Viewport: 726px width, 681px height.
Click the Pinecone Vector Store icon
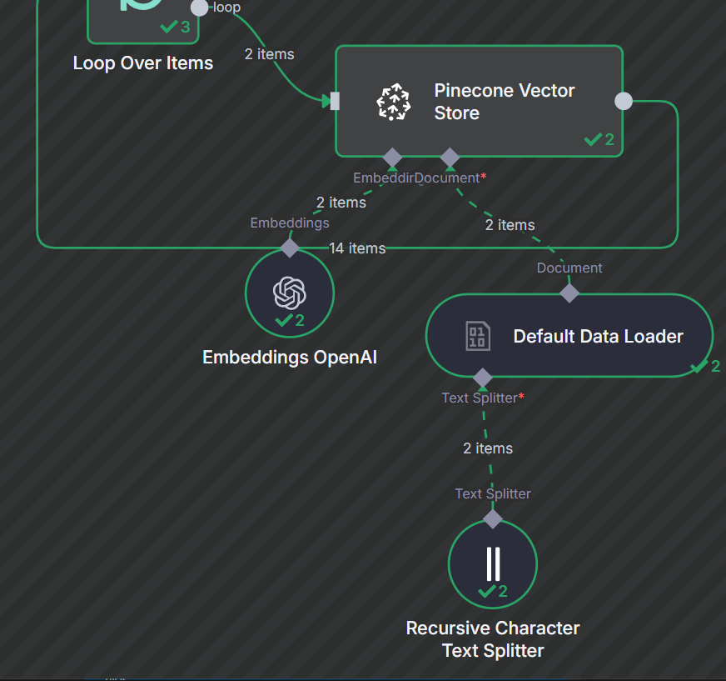point(393,102)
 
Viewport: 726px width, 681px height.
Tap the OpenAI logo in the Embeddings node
point(290,293)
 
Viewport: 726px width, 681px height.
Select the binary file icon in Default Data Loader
point(477,337)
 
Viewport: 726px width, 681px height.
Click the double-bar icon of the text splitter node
point(493,563)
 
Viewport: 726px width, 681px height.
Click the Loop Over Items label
point(143,63)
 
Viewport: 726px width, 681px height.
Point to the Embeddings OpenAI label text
point(290,358)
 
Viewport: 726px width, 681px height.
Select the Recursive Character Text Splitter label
point(493,639)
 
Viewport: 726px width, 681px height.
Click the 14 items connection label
point(357,248)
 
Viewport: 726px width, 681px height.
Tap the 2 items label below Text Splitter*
point(488,448)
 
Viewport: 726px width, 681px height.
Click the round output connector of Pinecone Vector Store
point(623,101)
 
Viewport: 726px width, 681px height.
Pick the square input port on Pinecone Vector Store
point(335,102)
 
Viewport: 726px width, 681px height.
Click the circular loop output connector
point(200,8)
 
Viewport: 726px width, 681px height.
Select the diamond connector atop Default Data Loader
point(569,293)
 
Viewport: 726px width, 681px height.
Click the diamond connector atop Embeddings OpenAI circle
point(290,248)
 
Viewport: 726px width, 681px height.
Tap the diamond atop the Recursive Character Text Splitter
point(493,518)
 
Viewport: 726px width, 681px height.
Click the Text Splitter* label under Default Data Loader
point(483,398)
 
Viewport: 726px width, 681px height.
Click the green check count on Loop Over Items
point(176,28)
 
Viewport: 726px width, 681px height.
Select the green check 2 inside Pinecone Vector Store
point(599,139)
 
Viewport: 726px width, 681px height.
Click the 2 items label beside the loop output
point(269,54)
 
